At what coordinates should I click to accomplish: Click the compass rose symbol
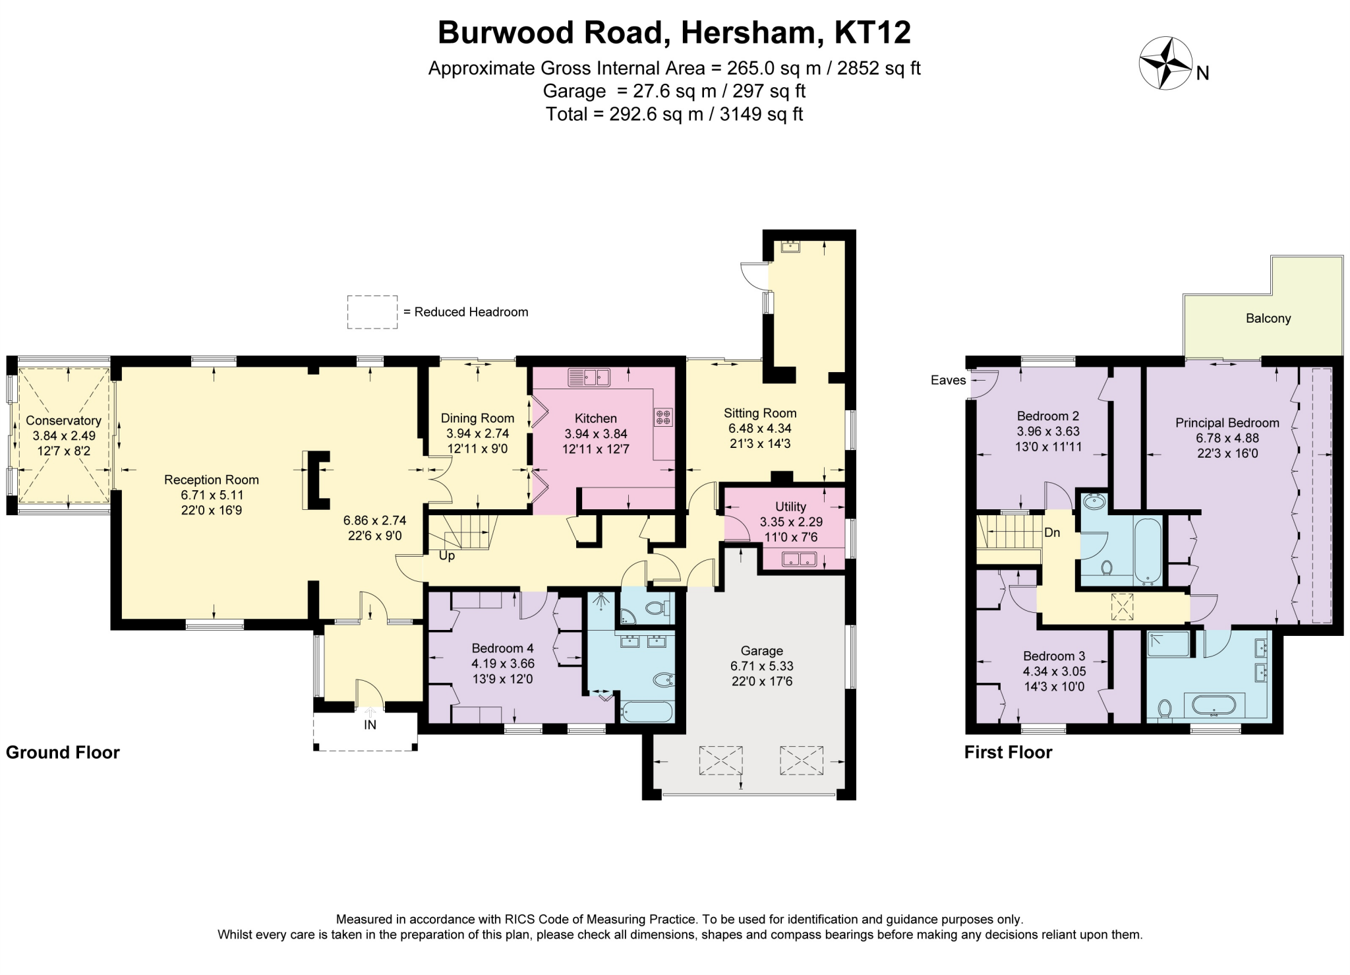coord(1165,63)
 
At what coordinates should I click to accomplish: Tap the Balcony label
coord(1268,319)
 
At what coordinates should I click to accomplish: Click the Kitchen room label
coord(595,418)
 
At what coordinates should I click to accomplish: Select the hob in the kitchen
coord(663,418)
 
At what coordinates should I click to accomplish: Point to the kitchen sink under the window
coord(589,377)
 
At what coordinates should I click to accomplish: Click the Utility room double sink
coord(799,560)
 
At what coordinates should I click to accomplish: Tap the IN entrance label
coord(370,725)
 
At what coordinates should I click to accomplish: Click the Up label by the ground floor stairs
coord(447,556)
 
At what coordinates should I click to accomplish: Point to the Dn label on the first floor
coord(1052,532)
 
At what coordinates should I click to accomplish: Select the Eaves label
coord(948,380)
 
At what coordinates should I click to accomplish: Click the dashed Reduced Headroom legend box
coord(372,312)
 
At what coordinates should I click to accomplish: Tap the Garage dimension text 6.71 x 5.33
coord(761,666)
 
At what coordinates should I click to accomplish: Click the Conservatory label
coord(63,420)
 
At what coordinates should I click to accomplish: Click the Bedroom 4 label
coord(502,648)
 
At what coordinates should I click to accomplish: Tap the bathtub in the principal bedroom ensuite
coord(1214,705)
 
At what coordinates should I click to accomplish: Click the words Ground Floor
coord(63,752)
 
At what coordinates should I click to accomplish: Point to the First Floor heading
coord(1008,752)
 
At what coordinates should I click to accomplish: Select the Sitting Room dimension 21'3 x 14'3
coord(759,444)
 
